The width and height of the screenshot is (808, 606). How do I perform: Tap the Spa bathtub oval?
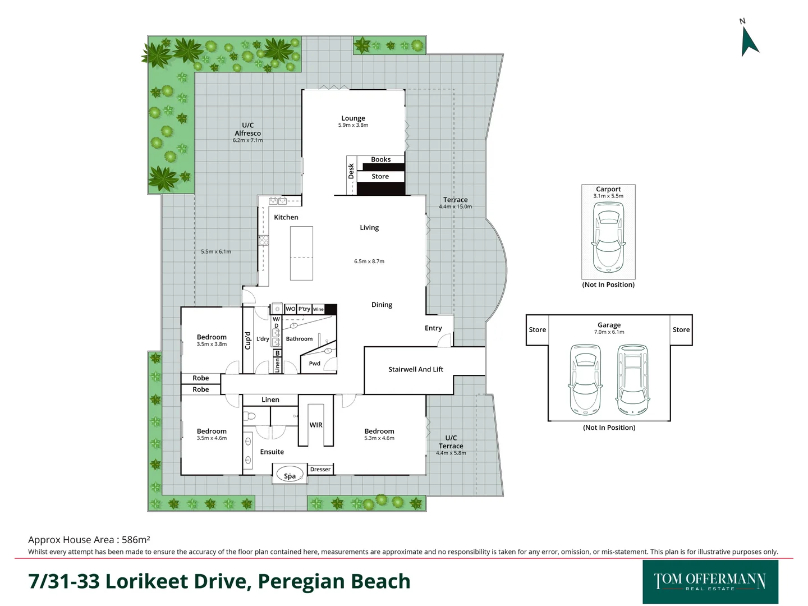tap(290, 475)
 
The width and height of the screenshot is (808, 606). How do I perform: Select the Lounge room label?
tap(353, 118)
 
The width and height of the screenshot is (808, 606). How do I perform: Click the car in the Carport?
tap(608, 237)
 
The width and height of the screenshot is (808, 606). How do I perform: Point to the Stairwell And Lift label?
tap(416, 369)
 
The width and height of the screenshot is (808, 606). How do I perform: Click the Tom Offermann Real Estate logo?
tap(710, 582)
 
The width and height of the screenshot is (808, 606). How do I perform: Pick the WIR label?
tap(316, 425)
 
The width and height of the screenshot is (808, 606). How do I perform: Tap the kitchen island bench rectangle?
tap(301, 253)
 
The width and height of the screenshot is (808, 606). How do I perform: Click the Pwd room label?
tap(314, 364)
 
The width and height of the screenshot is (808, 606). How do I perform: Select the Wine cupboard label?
tap(318, 309)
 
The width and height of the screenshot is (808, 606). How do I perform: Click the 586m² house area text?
tap(136, 540)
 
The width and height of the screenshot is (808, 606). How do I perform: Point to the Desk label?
tap(351, 171)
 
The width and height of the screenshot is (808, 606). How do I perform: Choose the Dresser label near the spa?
tap(320, 469)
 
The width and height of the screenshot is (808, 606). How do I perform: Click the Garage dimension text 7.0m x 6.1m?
tap(609, 332)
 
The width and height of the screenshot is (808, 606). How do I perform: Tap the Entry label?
tap(433, 328)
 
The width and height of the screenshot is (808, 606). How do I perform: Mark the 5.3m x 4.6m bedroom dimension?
tap(379, 438)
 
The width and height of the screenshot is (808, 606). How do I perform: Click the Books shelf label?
tap(380, 159)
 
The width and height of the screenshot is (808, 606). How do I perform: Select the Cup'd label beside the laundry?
tap(248, 341)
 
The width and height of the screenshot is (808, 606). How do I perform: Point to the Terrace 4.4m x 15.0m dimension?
tap(456, 206)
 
